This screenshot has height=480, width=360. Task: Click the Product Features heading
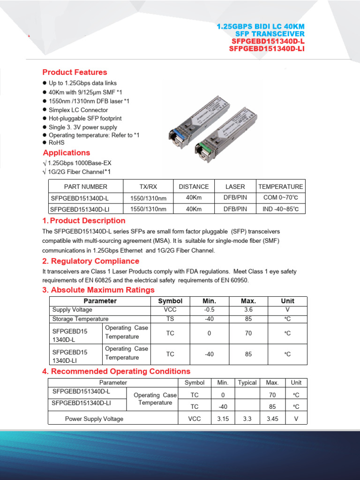[x=75, y=72]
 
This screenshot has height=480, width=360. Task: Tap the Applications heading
[x=66, y=153]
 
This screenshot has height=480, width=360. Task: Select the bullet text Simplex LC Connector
[x=78, y=110]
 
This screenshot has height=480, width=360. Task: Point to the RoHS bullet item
[x=57, y=142]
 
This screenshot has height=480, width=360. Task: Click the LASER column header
[x=235, y=187]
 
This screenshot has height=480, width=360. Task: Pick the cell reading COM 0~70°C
[x=281, y=198]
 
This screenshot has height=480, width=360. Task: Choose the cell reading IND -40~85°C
[x=281, y=209]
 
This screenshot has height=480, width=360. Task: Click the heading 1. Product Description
[x=84, y=221]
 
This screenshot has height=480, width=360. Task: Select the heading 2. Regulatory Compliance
[x=90, y=261]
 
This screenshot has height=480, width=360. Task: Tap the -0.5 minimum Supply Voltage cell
[x=209, y=310]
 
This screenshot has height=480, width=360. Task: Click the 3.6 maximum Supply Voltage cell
[x=248, y=310]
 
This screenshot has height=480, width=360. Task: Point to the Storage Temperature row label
[x=80, y=319]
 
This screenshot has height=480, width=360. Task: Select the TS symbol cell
[x=170, y=319]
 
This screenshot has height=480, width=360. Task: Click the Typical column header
[x=247, y=382]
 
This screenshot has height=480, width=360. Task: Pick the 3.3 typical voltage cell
[x=247, y=419]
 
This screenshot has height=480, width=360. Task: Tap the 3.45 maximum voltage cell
[x=272, y=419]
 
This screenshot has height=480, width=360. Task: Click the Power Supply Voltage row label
[x=94, y=419]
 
